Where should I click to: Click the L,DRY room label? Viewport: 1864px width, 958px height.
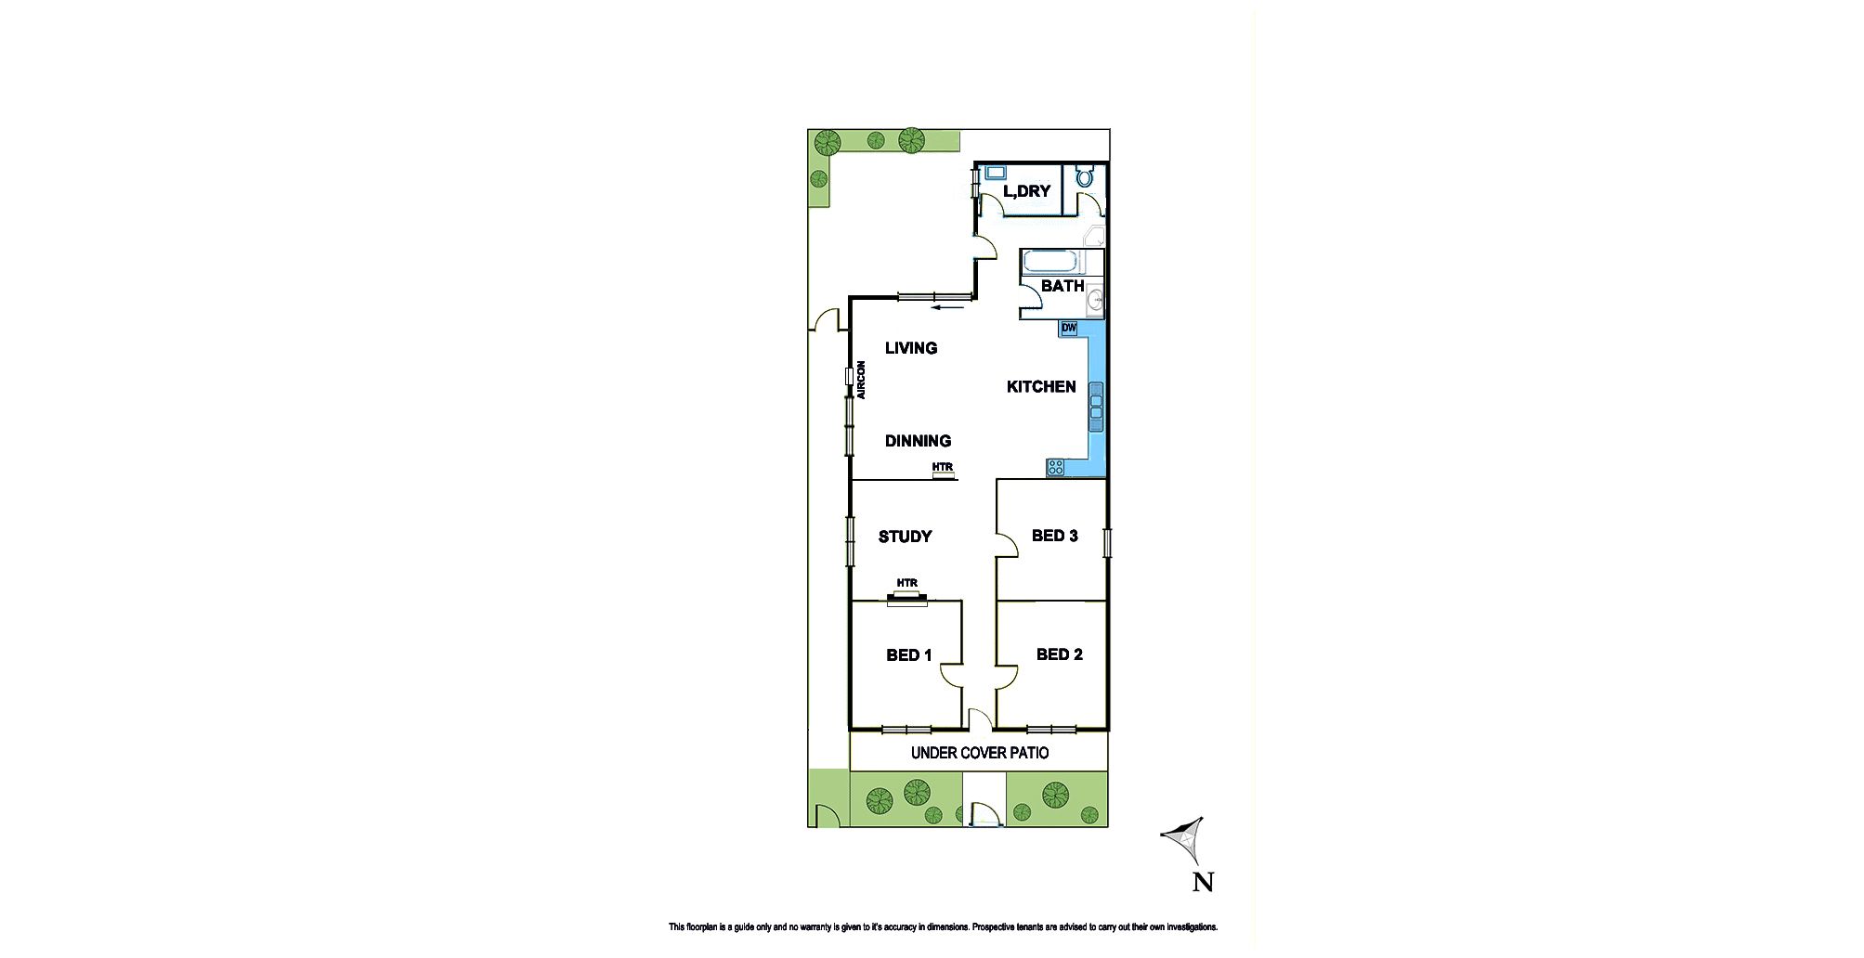pyautogui.click(x=1026, y=191)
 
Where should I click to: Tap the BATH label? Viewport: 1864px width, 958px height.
pyautogui.click(x=1062, y=286)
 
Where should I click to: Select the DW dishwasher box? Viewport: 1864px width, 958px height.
pyautogui.click(x=1068, y=328)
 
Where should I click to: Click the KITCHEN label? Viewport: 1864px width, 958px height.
pyautogui.click(x=1041, y=387)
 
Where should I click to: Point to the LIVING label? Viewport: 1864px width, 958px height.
pyautogui.click(x=911, y=348)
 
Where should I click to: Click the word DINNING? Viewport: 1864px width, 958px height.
pyautogui.click(x=918, y=441)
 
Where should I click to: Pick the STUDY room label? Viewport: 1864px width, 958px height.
pyautogui.click(x=905, y=537)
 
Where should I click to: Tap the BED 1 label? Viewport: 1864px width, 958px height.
pyautogui.click(x=908, y=655)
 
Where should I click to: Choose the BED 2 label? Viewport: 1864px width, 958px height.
pyautogui.click(x=1059, y=654)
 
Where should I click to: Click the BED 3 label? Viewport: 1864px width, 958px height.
pyautogui.click(x=1054, y=536)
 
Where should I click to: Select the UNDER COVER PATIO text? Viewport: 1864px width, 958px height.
pyautogui.click(x=980, y=753)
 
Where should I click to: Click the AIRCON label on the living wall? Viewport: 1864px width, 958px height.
pyautogui.click(x=211, y=380)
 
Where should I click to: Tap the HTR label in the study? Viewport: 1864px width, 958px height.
pyautogui.click(x=907, y=583)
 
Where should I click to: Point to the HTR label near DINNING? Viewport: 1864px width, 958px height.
pyautogui.click(x=943, y=467)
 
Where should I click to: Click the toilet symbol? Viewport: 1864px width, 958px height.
pyautogui.click(x=1085, y=175)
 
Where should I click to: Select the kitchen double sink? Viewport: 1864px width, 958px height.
pyautogui.click(x=1096, y=406)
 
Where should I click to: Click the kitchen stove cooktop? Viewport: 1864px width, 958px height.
pyautogui.click(x=1055, y=468)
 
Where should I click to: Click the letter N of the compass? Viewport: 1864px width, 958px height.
pyautogui.click(x=1203, y=882)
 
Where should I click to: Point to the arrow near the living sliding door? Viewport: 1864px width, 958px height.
pyautogui.click(x=949, y=307)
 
